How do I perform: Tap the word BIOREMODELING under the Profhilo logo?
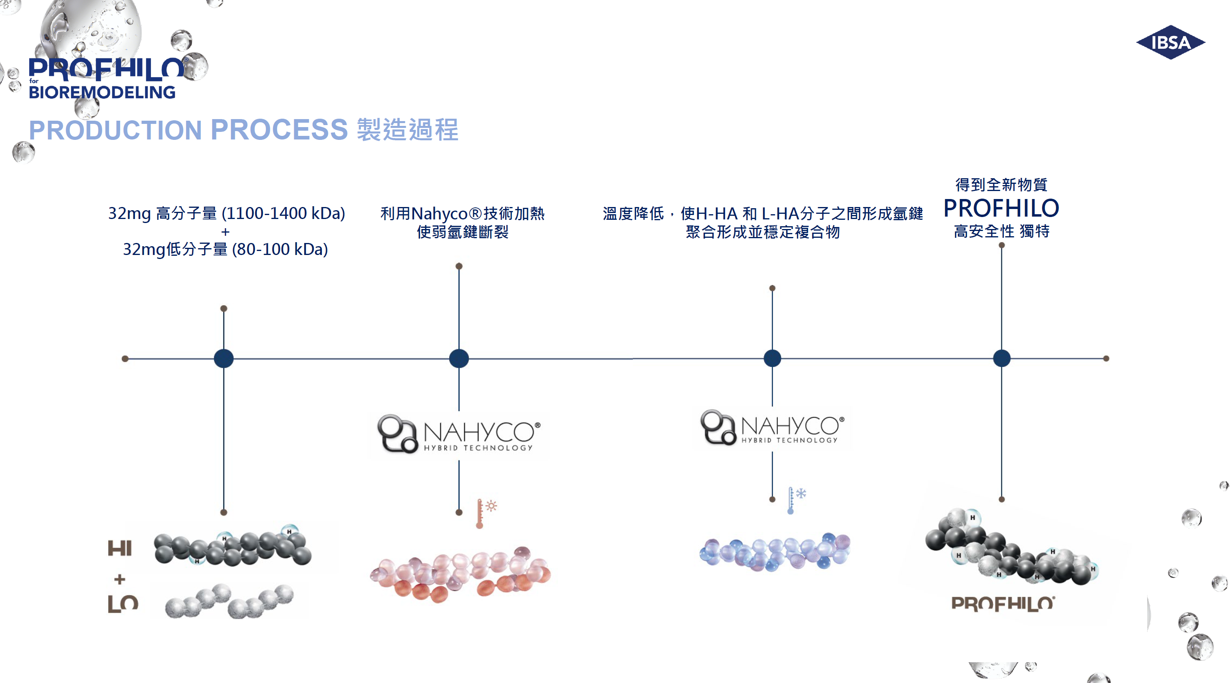coord(102,92)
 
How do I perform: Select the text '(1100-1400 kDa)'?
coord(283,213)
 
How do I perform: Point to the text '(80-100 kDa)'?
coord(280,249)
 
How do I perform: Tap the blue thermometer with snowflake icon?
coord(796,500)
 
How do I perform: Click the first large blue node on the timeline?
coord(224,358)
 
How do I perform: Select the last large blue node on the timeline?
coord(1002,358)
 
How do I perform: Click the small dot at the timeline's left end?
coord(125,359)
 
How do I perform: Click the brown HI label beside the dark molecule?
coord(119,548)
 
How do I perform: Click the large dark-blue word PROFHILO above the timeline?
coord(1001,208)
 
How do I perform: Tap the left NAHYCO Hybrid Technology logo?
coord(459,434)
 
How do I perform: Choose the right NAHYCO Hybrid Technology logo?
coord(772,427)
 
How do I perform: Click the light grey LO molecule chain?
coord(229,601)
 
